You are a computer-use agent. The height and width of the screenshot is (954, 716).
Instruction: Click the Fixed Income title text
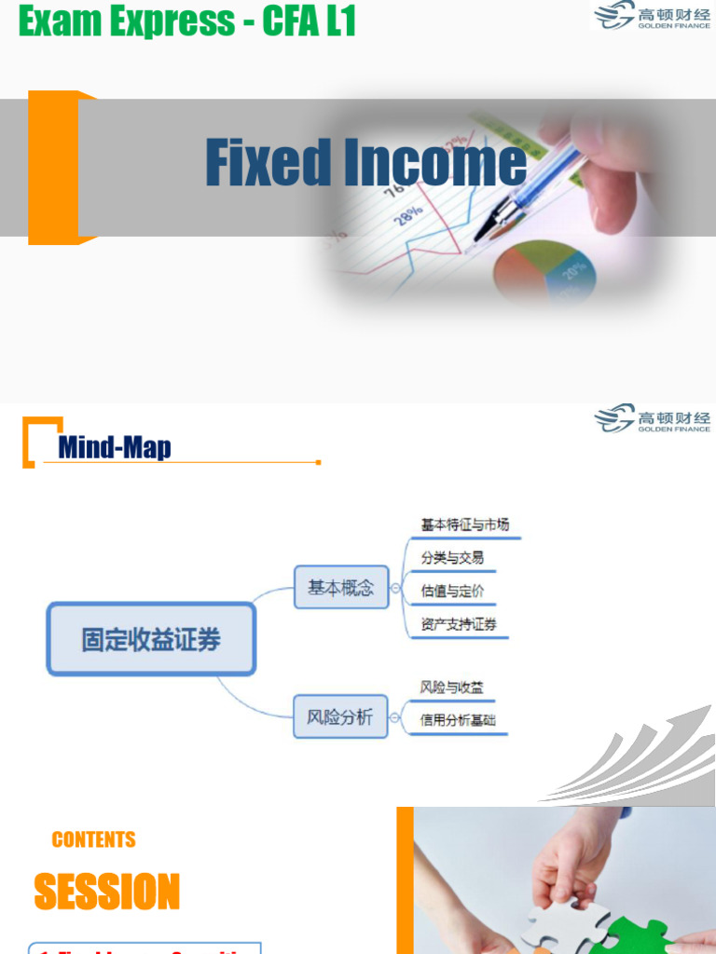click(x=365, y=162)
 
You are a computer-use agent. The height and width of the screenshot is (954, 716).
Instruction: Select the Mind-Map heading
click(x=115, y=447)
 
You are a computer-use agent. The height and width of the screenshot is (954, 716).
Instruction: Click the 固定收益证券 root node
click(x=151, y=639)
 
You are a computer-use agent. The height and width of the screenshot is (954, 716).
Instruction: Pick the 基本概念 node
click(x=340, y=587)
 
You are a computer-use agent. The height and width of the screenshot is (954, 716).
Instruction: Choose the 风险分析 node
click(x=340, y=716)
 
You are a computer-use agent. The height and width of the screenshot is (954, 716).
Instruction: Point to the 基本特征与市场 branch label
click(x=465, y=525)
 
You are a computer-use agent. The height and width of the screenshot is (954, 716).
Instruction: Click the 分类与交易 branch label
click(x=452, y=558)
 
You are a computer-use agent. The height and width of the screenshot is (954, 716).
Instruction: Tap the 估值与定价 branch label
click(x=452, y=591)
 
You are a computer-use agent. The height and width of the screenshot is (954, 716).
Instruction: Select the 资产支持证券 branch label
click(x=459, y=624)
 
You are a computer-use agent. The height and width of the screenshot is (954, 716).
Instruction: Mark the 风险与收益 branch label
click(x=452, y=688)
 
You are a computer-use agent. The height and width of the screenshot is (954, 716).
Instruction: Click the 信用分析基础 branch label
click(x=459, y=720)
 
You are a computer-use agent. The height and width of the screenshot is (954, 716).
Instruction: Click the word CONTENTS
click(x=94, y=839)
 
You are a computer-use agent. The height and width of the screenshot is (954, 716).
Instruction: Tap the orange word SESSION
click(x=107, y=892)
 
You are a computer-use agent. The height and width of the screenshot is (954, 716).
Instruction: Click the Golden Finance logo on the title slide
click(x=653, y=15)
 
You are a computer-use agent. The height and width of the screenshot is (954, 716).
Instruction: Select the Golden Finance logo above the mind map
click(x=653, y=418)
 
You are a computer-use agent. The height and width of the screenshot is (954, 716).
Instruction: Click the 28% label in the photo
click(x=407, y=214)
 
